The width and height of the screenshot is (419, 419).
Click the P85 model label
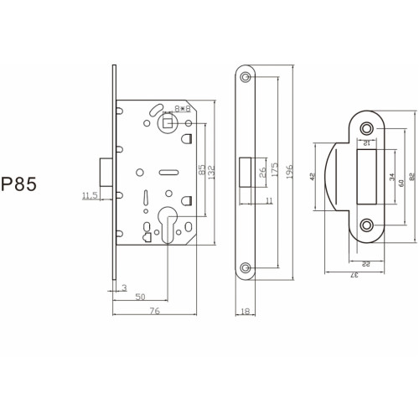pos(18,184)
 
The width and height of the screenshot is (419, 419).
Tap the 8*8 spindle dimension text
pos(183,109)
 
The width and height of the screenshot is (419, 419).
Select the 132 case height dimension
pos(212,173)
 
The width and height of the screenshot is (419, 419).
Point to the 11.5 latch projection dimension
pos(90,195)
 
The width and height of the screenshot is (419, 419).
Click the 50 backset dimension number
pos(140,297)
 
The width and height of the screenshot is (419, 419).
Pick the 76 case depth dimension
pos(154,311)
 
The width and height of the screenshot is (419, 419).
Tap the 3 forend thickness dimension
pos(124,287)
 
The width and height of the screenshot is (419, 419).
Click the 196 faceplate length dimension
pos(289,172)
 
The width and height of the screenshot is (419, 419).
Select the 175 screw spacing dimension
pos(275,169)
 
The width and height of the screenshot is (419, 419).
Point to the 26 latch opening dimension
pos(262,173)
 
